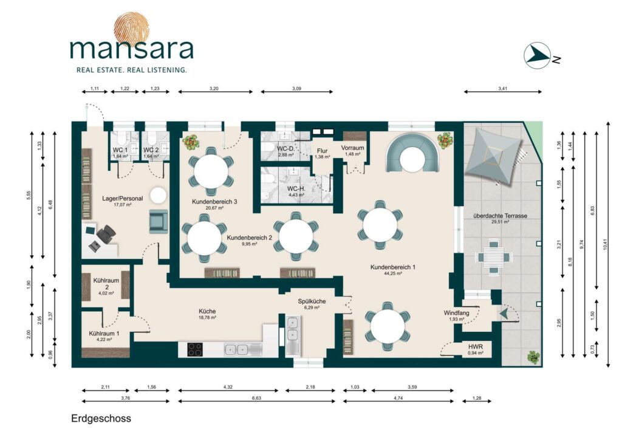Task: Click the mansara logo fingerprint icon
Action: point(132,29)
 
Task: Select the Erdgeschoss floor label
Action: point(101,418)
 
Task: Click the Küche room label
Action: point(208,311)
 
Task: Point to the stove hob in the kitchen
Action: point(195,349)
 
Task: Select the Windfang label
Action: point(456,312)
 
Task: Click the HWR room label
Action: point(475,346)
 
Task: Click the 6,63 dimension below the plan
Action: point(256,398)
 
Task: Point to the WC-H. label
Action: point(296,188)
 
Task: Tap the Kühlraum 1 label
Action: point(104,334)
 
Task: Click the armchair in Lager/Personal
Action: point(159,221)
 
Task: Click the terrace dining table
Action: point(493,257)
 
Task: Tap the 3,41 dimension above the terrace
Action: point(502,89)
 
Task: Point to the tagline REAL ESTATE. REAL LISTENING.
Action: point(131,70)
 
